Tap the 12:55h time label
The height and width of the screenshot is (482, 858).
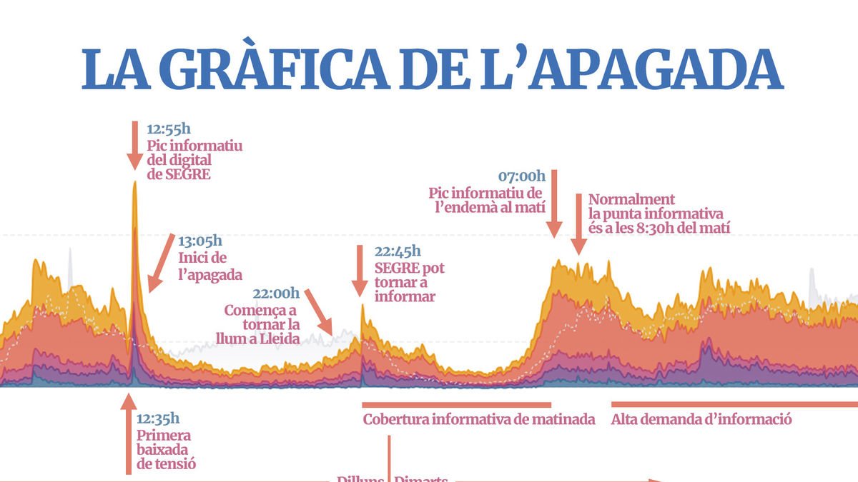(x=169, y=129)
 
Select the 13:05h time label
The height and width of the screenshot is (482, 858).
(x=199, y=241)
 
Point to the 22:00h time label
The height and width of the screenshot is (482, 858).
(x=276, y=293)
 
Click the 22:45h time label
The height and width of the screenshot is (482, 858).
(x=398, y=251)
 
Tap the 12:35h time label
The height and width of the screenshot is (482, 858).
(x=158, y=418)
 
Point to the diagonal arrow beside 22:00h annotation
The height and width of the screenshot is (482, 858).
(x=319, y=311)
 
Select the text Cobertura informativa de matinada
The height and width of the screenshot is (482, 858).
(x=479, y=420)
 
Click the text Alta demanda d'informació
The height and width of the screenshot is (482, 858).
(x=701, y=420)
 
